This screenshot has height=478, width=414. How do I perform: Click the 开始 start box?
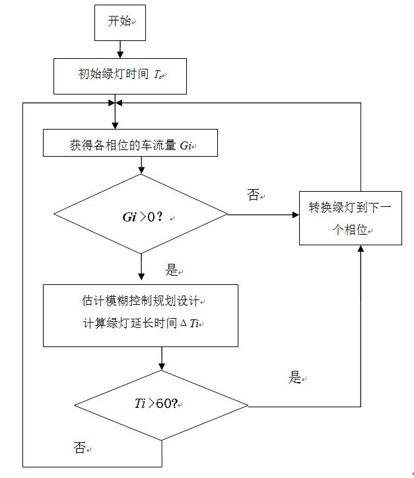point(120,22)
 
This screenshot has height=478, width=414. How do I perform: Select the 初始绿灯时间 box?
point(120,75)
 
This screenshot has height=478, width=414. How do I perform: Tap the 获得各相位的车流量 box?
point(130,143)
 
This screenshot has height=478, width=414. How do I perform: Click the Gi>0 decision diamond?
point(141,214)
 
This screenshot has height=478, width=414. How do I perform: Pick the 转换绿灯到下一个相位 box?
point(350,218)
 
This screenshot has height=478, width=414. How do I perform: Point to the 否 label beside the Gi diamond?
point(254,195)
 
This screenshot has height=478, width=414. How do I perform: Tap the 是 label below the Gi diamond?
point(172,270)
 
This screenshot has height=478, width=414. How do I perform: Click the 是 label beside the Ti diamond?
point(295,378)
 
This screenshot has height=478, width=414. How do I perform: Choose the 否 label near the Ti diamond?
point(79,448)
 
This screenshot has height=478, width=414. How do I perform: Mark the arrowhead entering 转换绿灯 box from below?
point(361,250)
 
